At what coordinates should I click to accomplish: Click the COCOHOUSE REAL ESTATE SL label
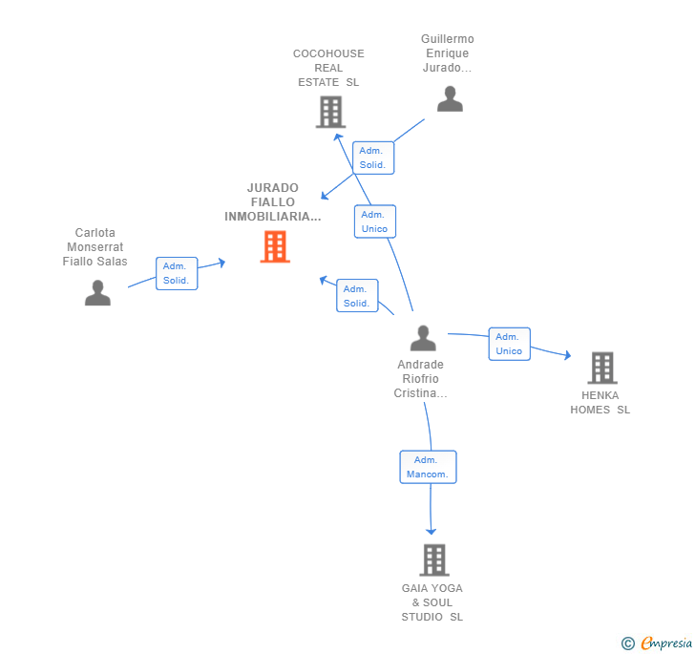pyautogui.click(x=328, y=68)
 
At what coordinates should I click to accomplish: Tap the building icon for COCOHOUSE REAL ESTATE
pyautogui.click(x=330, y=113)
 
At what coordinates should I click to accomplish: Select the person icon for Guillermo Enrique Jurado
pyautogui.click(x=450, y=99)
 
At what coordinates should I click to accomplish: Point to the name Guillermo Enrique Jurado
pyautogui.click(x=447, y=53)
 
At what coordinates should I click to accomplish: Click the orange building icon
pyautogui.click(x=275, y=247)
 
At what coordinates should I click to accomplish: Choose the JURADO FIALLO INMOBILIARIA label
pyautogui.click(x=273, y=202)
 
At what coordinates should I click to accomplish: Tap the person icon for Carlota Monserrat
pyautogui.click(x=97, y=293)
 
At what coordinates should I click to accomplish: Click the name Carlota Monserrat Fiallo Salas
pyautogui.click(x=95, y=247)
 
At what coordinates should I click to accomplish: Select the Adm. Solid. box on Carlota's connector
pyautogui.click(x=177, y=273)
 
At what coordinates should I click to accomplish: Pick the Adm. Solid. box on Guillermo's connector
pyautogui.click(x=372, y=158)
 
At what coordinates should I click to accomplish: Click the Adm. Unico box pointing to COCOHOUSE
pyautogui.click(x=374, y=222)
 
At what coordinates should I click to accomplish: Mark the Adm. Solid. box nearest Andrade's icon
pyautogui.click(x=357, y=296)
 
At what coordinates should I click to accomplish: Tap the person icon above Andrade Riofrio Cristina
pyautogui.click(x=423, y=338)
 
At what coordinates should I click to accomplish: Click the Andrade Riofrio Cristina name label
pyautogui.click(x=421, y=379)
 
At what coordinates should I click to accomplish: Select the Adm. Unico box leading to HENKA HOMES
pyautogui.click(x=509, y=344)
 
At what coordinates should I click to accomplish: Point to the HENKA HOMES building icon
pyautogui.click(x=601, y=368)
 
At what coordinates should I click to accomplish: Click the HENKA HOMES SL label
pyautogui.click(x=600, y=403)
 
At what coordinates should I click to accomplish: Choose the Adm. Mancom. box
pyautogui.click(x=428, y=467)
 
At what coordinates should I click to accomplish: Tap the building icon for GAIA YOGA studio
pyautogui.click(x=433, y=559)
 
